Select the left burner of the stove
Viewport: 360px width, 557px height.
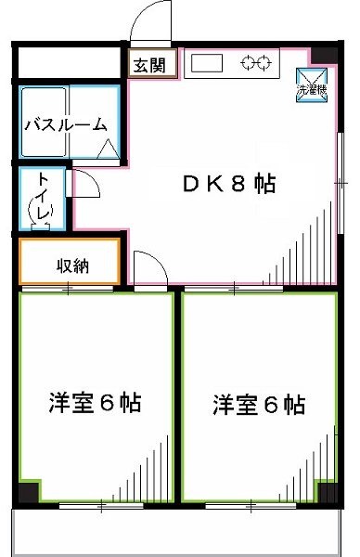click(249, 63)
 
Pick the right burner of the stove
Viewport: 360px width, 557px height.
click(264, 63)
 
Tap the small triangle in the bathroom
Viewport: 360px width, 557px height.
click(108, 148)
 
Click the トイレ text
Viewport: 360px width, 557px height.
click(43, 198)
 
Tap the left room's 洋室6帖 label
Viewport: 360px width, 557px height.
click(95, 405)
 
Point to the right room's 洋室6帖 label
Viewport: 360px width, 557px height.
click(259, 405)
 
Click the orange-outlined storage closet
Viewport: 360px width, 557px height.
click(70, 262)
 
